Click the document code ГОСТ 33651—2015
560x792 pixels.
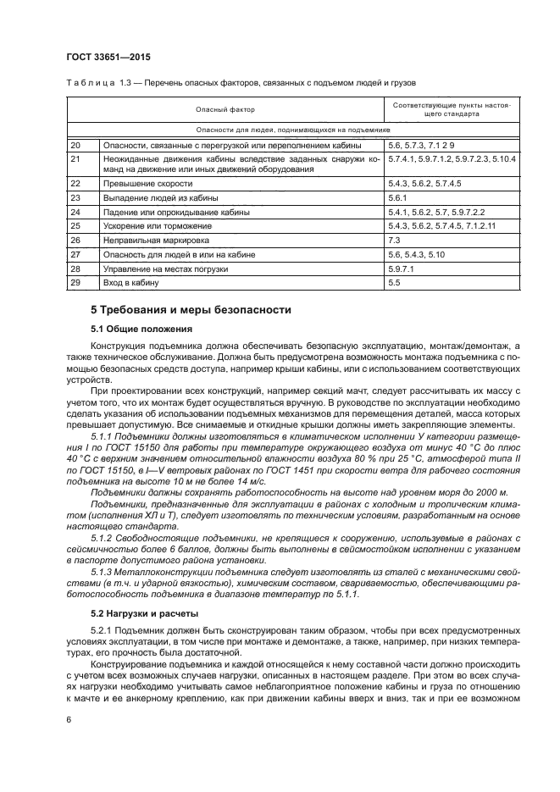tap(103, 58)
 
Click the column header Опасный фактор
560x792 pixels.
tap(225, 109)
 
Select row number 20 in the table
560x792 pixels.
tap(75, 146)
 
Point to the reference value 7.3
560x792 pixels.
tap(394, 240)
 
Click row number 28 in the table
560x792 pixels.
tap(75, 268)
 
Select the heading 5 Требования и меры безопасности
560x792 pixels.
tap(191, 310)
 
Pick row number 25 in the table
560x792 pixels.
tap(75, 225)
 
